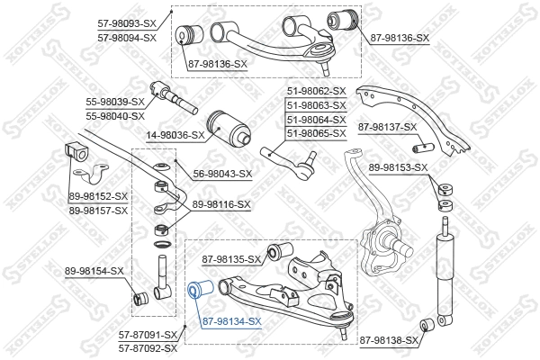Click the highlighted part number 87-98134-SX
pyautogui.click(x=231, y=321)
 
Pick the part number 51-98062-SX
pyautogui.click(x=316, y=91)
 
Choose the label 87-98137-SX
pyautogui.click(x=388, y=128)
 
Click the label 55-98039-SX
pyautogui.click(x=115, y=103)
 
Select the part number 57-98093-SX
pyautogui.click(x=127, y=24)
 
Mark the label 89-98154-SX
pyautogui.click(x=94, y=271)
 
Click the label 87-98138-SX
pyautogui.click(x=390, y=340)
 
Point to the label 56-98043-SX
pyautogui.click(x=220, y=174)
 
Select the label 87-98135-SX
pyautogui.click(x=231, y=260)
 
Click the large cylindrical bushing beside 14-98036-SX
pyautogui.click(x=226, y=128)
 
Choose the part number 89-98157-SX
pyautogui.click(x=99, y=210)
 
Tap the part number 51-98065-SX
pyautogui.click(x=316, y=133)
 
